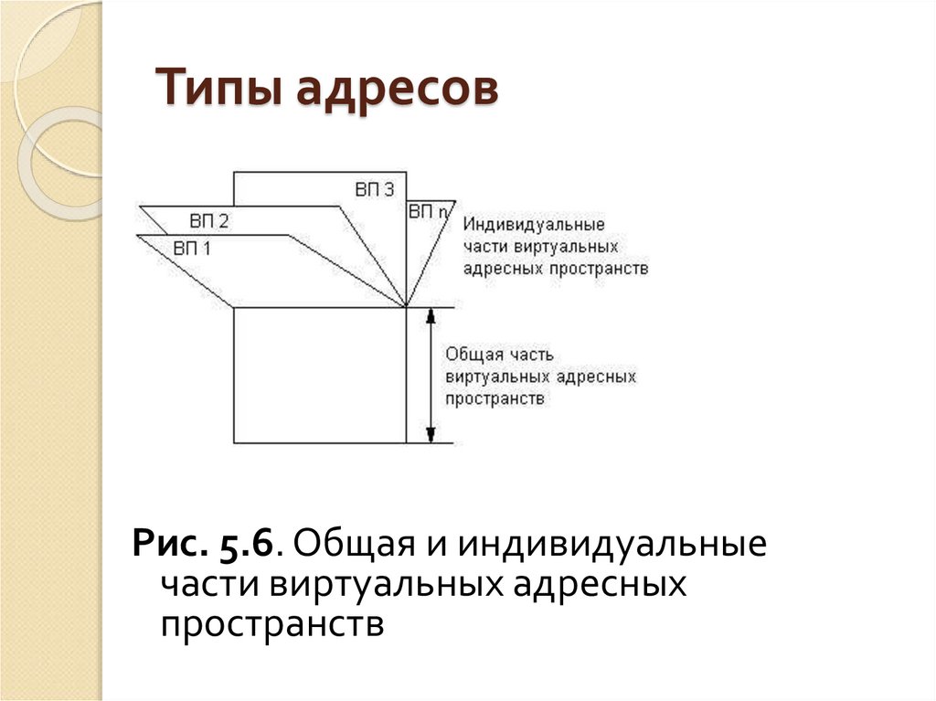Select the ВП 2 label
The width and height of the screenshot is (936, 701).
(209, 220)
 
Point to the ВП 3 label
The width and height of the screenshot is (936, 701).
(374, 189)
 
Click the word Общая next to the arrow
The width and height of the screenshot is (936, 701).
(473, 353)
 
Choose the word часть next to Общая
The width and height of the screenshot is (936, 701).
(528, 353)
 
